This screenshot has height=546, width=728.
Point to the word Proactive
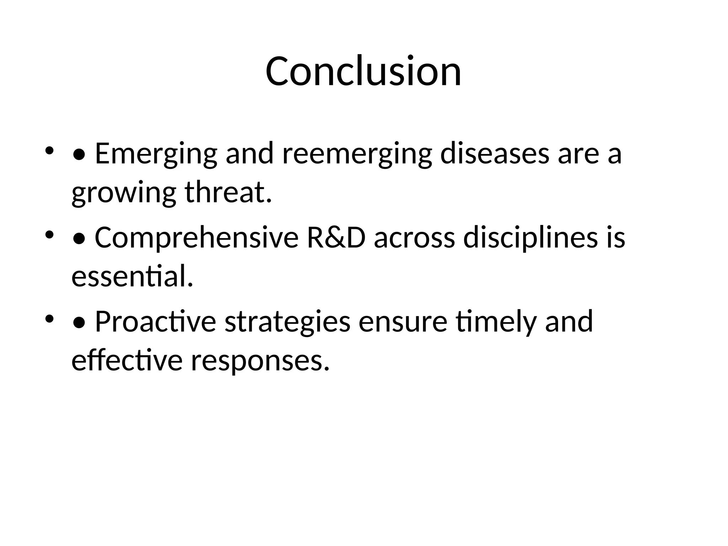(x=155, y=321)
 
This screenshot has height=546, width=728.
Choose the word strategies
(x=288, y=321)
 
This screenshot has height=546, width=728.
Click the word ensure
(x=402, y=321)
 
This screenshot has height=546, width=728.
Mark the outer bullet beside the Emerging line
(x=49, y=151)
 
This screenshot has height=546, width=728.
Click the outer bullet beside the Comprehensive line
(x=49, y=235)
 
